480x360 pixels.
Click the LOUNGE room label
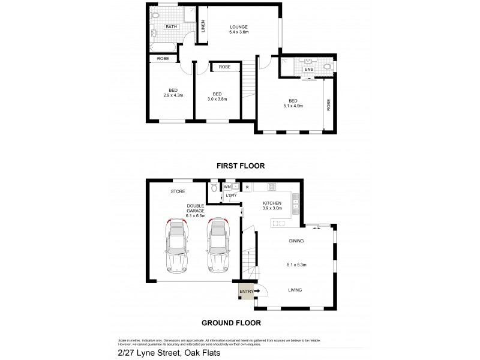point(238,26)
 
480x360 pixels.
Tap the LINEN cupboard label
point(203,26)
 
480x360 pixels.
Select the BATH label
point(172,26)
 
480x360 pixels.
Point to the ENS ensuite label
point(308,70)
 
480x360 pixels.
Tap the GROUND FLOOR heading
point(231,323)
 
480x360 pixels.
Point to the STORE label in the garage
point(178,192)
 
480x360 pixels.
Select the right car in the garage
point(218,246)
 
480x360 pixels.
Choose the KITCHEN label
point(272,203)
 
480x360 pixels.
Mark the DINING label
point(296,241)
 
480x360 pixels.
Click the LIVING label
point(294,290)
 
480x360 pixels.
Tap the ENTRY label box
point(246,292)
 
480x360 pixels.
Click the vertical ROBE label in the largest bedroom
point(328,106)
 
